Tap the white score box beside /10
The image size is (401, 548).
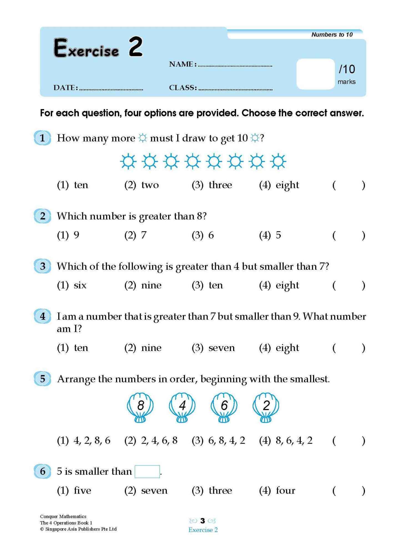click(x=315, y=74)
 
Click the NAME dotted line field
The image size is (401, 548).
click(x=235, y=65)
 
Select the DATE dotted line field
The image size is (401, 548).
click(x=111, y=89)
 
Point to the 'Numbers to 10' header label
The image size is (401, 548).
click(x=332, y=34)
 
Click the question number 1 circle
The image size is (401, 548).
click(x=42, y=138)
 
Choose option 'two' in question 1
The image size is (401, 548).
click(x=150, y=185)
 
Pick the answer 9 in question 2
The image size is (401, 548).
click(x=76, y=235)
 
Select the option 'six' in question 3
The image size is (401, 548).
click(x=80, y=285)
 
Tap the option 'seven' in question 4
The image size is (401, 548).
click(x=221, y=348)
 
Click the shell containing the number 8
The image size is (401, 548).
click(x=140, y=407)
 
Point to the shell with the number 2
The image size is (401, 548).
click(x=266, y=407)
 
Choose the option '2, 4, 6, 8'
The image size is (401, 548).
click(x=159, y=440)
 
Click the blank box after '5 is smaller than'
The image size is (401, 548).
click(x=147, y=471)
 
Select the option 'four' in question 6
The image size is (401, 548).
click(x=285, y=491)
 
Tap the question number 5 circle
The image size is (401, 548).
click(x=42, y=379)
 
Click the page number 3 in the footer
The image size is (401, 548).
click(x=203, y=521)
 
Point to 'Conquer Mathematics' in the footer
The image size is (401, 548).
click(x=63, y=516)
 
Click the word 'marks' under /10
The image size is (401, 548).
click(x=346, y=82)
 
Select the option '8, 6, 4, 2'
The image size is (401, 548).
click(x=294, y=440)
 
